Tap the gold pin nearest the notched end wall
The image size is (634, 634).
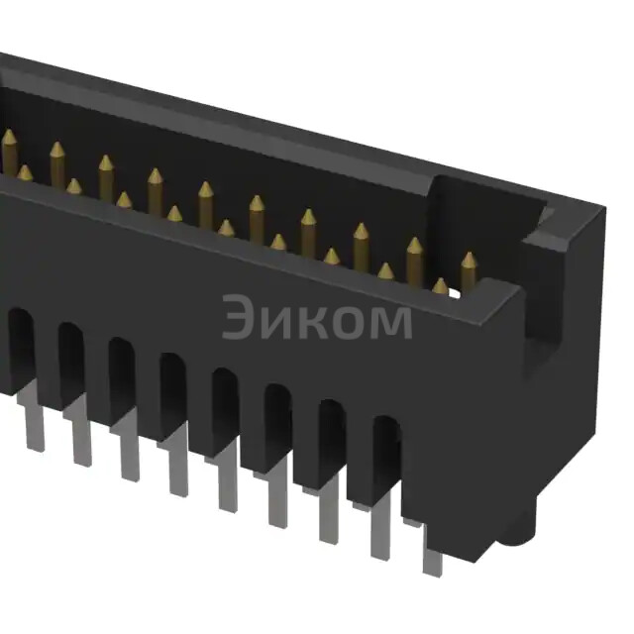click(x=468, y=272)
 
